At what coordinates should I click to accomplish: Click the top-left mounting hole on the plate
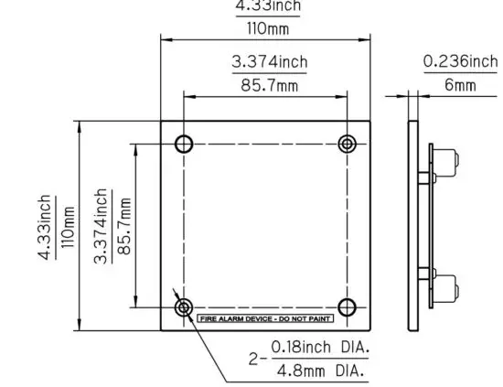pos(184,144)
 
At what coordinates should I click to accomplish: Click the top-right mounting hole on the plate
pos(347,144)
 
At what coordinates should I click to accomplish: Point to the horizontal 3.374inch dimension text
pos(269,62)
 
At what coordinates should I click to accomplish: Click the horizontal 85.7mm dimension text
pos(269,85)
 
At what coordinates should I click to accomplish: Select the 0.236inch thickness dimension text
pos(460,62)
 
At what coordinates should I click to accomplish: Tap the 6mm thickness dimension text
pos(460,85)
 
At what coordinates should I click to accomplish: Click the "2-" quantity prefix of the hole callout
pos(257,360)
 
